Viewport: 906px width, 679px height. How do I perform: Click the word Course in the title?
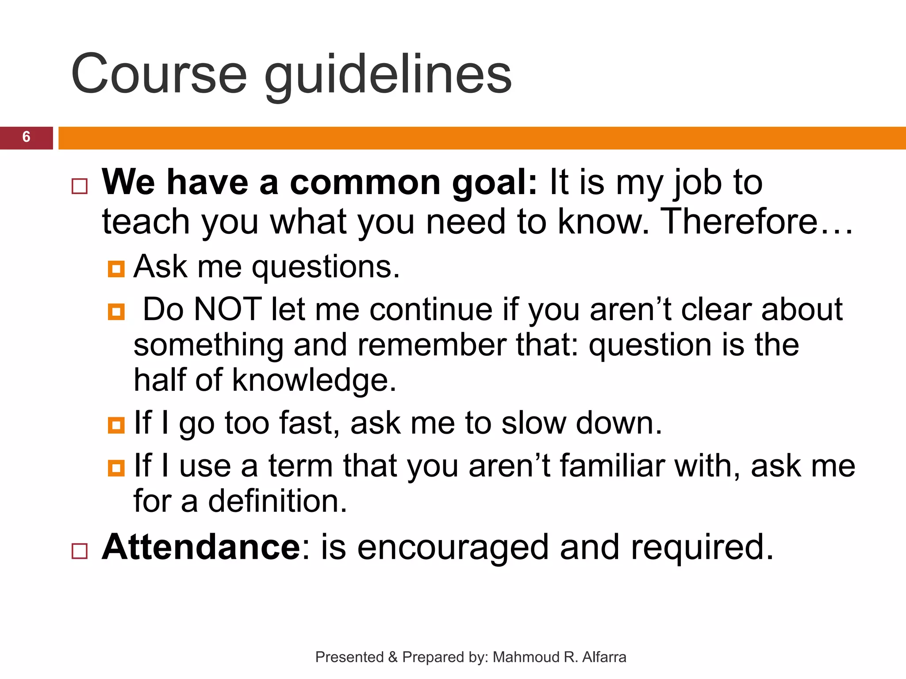pos(158,74)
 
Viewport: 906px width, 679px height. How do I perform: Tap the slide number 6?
pos(26,137)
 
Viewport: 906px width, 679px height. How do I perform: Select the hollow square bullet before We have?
pos(80,187)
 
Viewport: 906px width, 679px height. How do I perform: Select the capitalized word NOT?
pos(228,309)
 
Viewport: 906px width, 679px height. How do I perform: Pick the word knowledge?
pos(314,381)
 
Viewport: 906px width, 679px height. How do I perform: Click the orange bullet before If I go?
pos(116,425)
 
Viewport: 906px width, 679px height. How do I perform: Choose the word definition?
pos(278,501)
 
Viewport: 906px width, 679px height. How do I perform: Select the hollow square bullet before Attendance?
pos(80,551)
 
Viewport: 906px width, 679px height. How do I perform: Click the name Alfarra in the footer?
pos(604,657)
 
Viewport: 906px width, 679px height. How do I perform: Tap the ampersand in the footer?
pos(392,657)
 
